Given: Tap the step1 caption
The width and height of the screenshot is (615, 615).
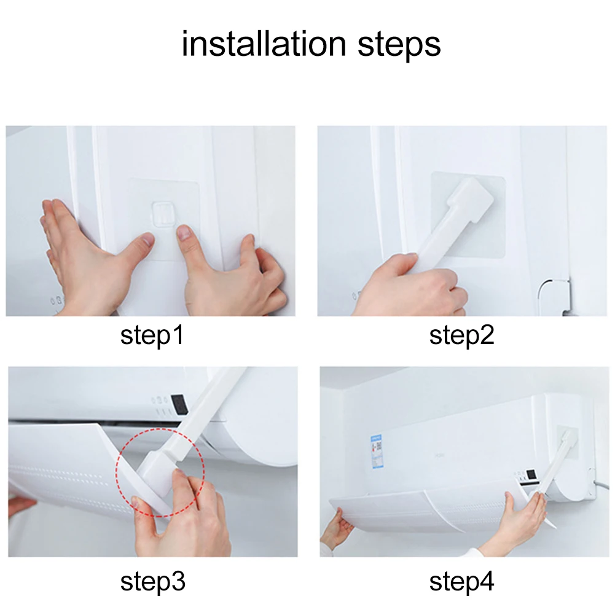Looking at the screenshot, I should [152, 336].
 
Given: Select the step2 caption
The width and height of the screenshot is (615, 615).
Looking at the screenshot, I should [461, 336].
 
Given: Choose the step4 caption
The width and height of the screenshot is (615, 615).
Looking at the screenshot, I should [461, 581].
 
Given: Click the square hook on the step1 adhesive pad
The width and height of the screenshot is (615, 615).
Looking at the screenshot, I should [162, 213].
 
